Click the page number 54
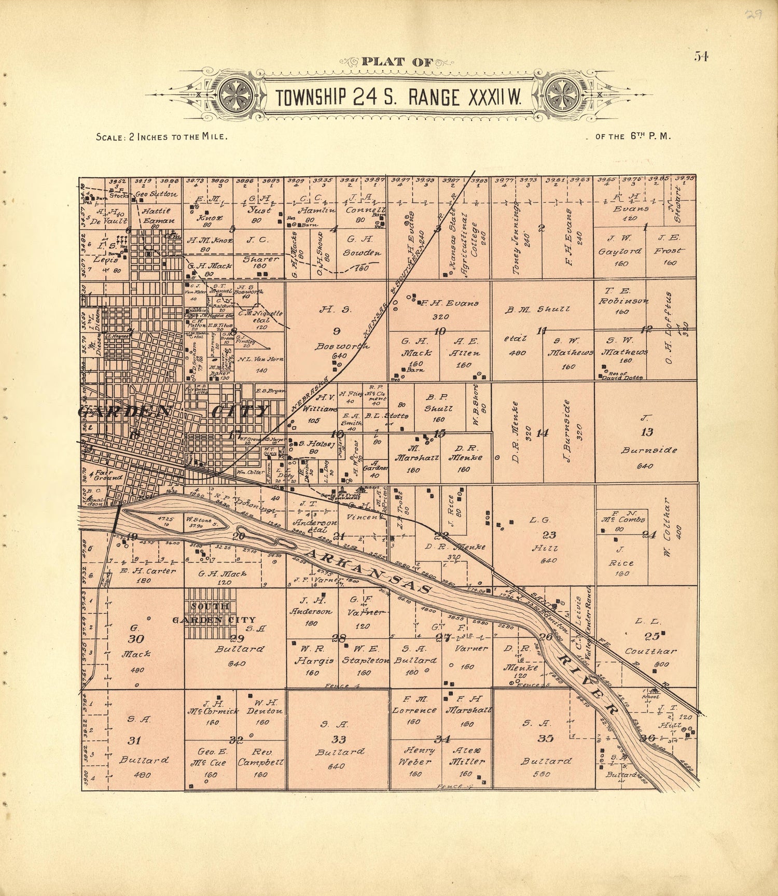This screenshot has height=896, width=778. pyautogui.click(x=701, y=57)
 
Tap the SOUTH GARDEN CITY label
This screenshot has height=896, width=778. pyautogui.click(x=213, y=613)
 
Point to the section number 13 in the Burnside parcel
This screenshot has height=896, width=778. pyautogui.click(x=647, y=432)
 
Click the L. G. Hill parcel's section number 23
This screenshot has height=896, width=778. pyautogui.click(x=549, y=536)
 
